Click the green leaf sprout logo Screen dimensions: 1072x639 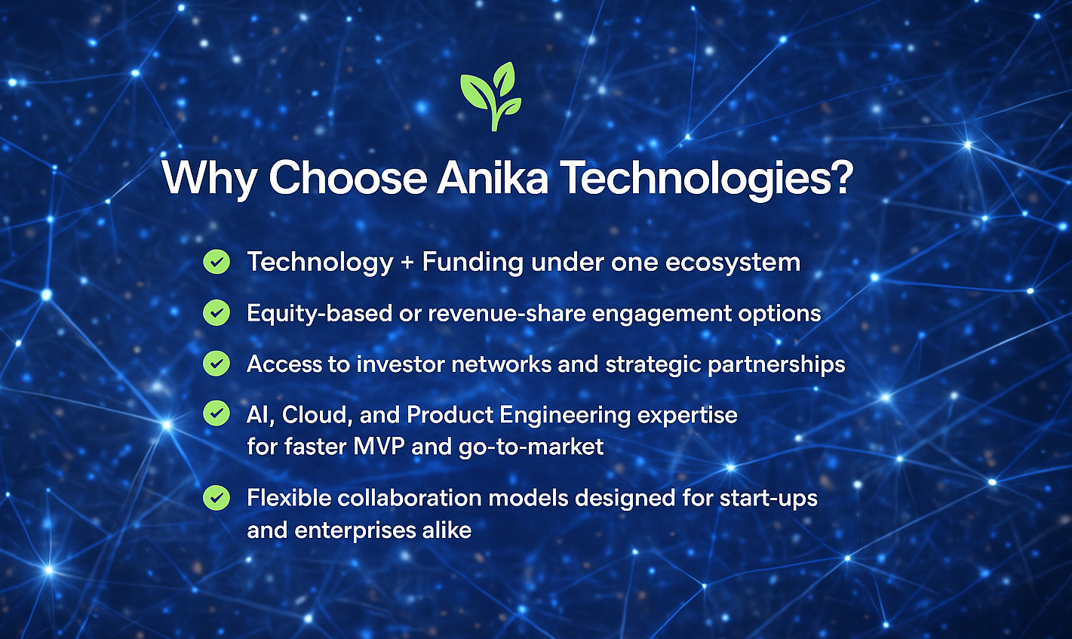490,97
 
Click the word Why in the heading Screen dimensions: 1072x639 210,178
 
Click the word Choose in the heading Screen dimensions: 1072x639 348,177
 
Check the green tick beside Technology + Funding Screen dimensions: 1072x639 217,261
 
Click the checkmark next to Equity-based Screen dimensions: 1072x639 217,312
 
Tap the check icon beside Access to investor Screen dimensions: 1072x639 217,364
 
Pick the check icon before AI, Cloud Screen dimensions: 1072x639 217,413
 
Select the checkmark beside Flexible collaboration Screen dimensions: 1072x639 217,498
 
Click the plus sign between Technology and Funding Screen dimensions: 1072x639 407,263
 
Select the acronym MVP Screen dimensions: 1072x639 379,447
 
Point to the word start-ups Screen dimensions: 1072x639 768,499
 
